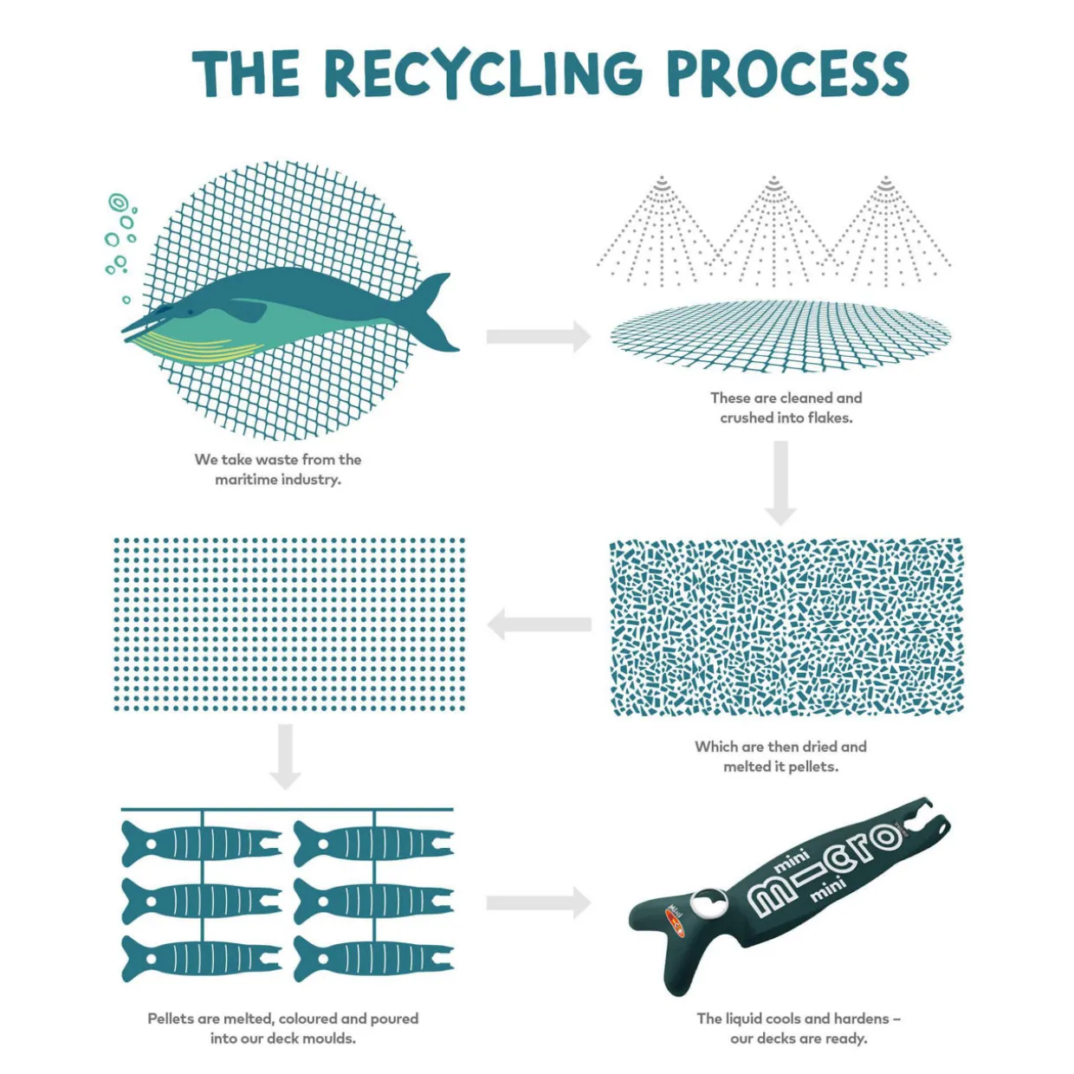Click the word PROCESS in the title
(787, 73)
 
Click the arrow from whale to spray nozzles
(538, 336)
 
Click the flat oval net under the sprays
(780, 336)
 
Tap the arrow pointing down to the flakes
(780, 482)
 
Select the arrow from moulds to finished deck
(538, 903)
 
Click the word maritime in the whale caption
(245, 480)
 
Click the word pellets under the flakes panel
(813, 767)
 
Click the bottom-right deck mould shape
(373, 958)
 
